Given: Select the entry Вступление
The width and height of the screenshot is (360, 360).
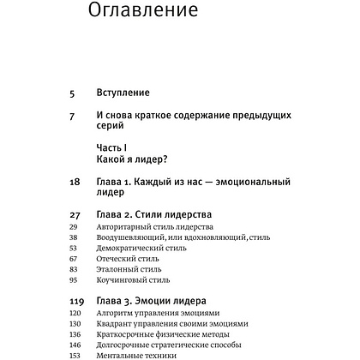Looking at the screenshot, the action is [x=124, y=92].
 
